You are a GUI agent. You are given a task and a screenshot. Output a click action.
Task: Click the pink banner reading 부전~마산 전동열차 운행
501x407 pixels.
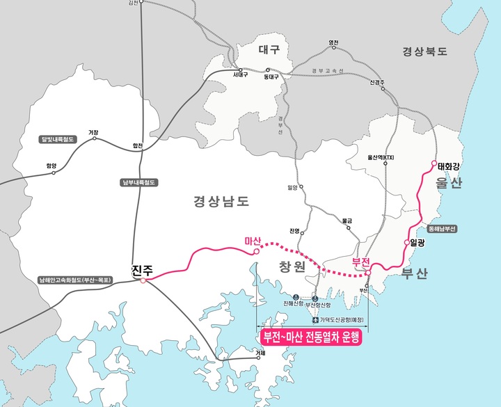(310, 338)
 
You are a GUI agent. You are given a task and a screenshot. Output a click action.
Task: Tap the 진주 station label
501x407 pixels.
(142, 269)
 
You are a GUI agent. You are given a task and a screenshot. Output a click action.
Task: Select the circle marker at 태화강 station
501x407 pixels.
(434, 164)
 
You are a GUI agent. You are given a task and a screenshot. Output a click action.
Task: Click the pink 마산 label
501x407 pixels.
(253, 241)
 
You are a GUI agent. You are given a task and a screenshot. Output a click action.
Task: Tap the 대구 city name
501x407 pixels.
(269, 49)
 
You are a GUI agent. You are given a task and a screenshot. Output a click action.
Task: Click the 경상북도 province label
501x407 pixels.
(424, 51)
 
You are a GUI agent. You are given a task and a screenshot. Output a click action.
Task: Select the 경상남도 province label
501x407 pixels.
(221, 202)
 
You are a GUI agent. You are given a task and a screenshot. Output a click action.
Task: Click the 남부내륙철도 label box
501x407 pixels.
(140, 182)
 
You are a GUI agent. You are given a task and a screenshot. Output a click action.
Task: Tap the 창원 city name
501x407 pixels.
(293, 267)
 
